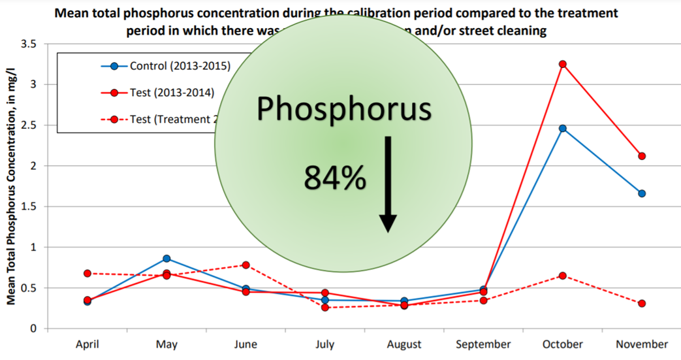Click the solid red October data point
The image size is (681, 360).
(562, 64)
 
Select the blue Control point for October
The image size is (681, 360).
(562, 128)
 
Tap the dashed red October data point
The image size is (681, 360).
(562, 276)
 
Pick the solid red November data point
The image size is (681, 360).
(642, 156)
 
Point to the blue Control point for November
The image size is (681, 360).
(642, 193)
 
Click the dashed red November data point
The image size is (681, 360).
(642, 304)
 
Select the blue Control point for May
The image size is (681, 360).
(166, 259)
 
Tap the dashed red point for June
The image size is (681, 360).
(245, 265)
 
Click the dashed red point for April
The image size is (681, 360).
(87, 273)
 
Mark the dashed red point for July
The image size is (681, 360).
(325, 307)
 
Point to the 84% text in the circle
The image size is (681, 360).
(334, 178)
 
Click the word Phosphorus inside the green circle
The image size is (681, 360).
(343, 109)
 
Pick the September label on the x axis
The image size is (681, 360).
(483, 344)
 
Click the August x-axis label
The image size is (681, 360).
(404, 344)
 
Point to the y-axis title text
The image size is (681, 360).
(11, 186)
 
